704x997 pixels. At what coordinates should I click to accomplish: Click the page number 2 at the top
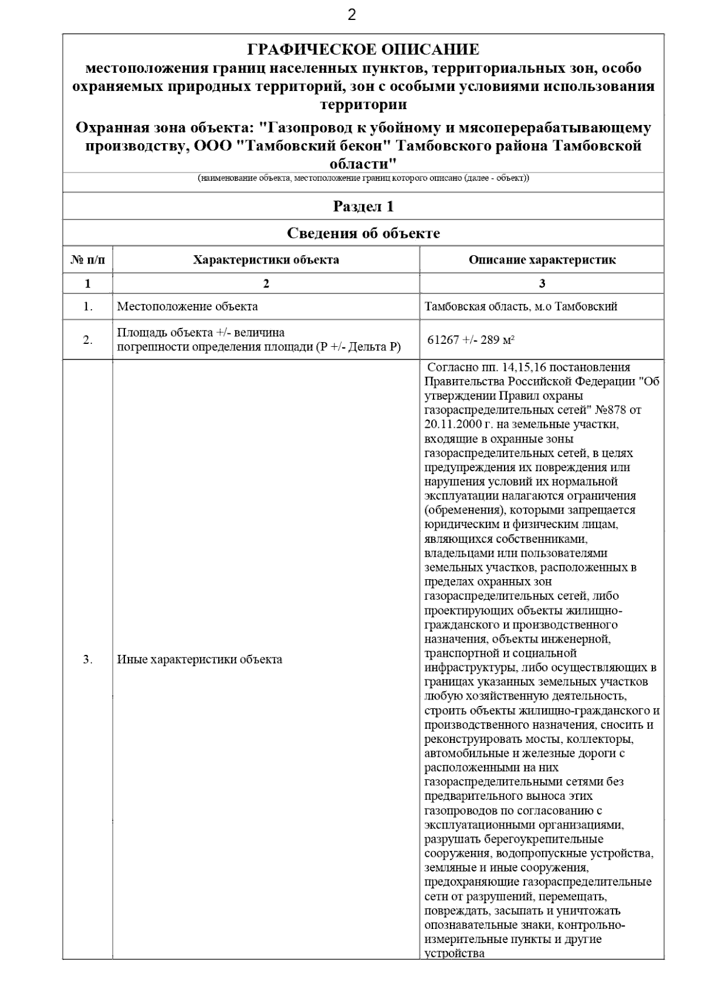pos(351,15)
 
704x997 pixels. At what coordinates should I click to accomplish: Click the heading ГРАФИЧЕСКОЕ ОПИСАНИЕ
pos(363,49)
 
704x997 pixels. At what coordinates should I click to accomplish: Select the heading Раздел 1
pos(363,207)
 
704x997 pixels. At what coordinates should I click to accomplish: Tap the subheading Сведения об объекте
pos(363,234)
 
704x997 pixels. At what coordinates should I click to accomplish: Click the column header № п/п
pos(88,260)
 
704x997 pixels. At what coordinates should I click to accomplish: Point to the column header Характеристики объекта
pos(266,260)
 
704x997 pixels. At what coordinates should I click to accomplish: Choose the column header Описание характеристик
pos(541,260)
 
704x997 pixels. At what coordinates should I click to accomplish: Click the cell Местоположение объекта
pos(187,306)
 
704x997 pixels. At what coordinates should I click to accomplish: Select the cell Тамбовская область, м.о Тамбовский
pos(521,306)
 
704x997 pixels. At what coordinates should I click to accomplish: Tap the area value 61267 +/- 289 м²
pos(471,340)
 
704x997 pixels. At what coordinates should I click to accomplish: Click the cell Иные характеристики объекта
pos(199,660)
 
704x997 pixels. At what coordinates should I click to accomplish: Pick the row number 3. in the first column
pos(88,660)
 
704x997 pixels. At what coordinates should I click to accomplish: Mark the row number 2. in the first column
pos(88,340)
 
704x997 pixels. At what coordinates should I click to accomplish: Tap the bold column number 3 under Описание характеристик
pos(541,284)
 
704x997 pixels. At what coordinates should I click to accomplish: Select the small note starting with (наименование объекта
pos(363,178)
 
